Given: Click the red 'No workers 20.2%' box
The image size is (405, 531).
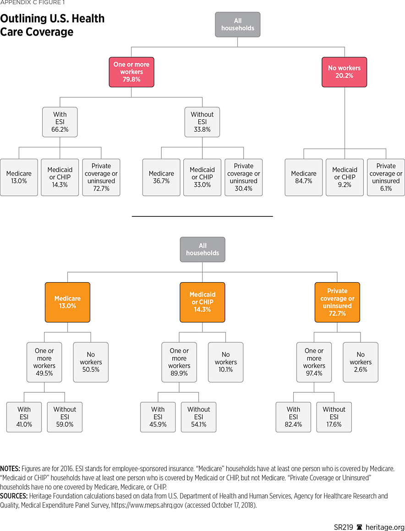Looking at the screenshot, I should tap(344, 72).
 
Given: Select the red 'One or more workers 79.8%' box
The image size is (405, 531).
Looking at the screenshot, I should tap(131, 72).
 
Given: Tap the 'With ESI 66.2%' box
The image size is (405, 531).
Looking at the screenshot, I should tap(60, 122).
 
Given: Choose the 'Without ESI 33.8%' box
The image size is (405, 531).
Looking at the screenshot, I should tap(202, 122).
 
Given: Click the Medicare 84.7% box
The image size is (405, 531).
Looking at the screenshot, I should tap(304, 177).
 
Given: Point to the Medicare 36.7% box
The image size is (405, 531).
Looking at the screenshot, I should tap(161, 177).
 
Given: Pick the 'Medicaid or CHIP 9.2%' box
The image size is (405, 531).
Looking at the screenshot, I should tap(345, 177).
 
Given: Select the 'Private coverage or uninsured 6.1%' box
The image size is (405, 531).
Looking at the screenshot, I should tap(386, 177).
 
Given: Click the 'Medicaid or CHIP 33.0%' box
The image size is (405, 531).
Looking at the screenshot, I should tap(202, 177).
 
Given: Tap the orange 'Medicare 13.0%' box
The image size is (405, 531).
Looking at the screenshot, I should tap(68, 302).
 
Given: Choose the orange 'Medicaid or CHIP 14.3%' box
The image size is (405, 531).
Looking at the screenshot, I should tap(202, 302).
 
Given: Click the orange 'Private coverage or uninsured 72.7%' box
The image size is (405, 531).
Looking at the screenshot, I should tap(337, 302).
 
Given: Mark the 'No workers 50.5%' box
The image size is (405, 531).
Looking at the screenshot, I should tap(91, 362).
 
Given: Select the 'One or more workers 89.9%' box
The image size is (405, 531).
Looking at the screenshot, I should tap(179, 362).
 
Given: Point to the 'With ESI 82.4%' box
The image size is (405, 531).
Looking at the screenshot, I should tap(293, 417).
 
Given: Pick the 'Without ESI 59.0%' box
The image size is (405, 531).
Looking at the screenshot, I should tap(65, 417).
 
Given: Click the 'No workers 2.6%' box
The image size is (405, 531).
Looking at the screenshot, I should tap(361, 362).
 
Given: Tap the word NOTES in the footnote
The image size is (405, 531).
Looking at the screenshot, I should tap(10, 469).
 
